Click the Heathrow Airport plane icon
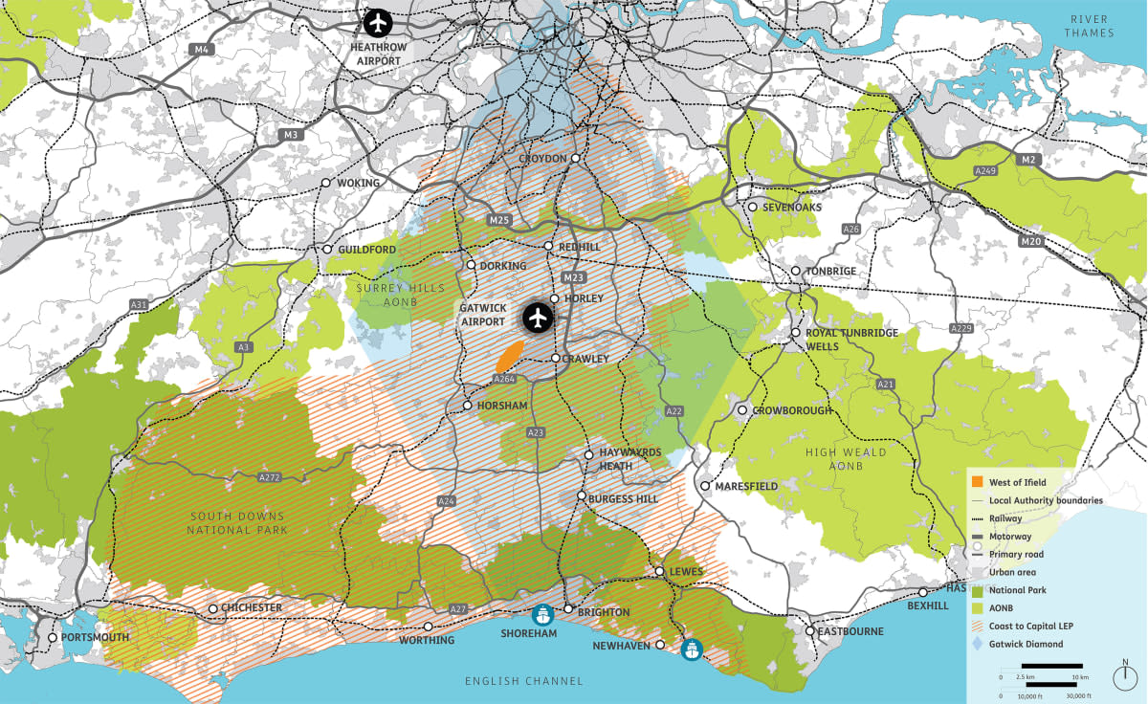pyautogui.click(x=380, y=22)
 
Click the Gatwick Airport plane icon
pyautogui.click(x=538, y=317)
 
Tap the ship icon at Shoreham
pyautogui.click(x=543, y=615)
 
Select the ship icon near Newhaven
pyautogui.click(x=692, y=649)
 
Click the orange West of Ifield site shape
pyautogui.click(x=508, y=358)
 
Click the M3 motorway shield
pyautogui.click(x=291, y=135)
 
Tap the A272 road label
pyautogui.click(x=272, y=476)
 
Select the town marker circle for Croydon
pyautogui.click(x=576, y=159)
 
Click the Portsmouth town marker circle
pyautogui.click(x=53, y=637)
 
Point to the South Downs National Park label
pyautogui.click(x=235, y=523)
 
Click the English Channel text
pyautogui.click(x=523, y=681)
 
